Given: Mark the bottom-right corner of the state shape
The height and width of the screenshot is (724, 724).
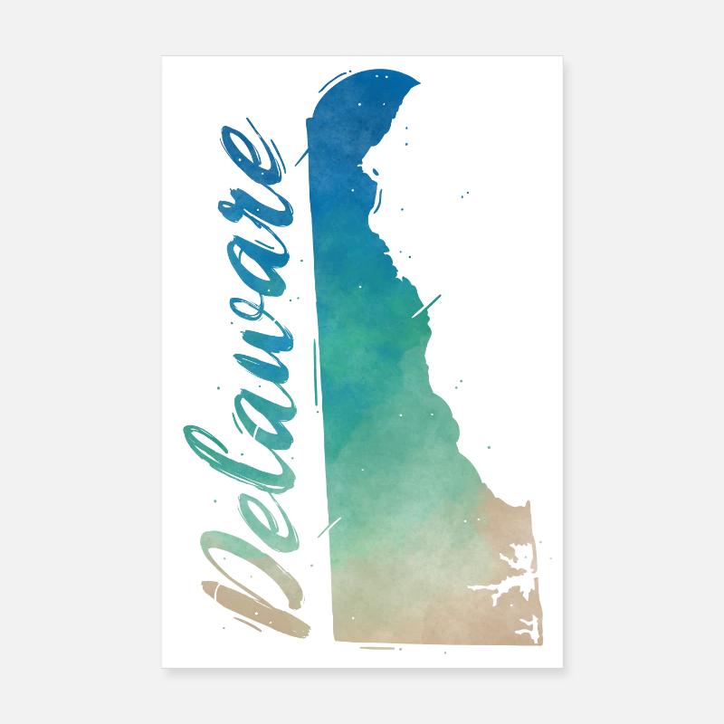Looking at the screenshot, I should pyautogui.click(x=540, y=641).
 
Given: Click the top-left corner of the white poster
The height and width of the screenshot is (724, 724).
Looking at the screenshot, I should pyautogui.click(x=163, y=56).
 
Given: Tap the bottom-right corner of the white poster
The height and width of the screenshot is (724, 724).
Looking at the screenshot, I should pyautogui.click(x=562, y=668).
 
